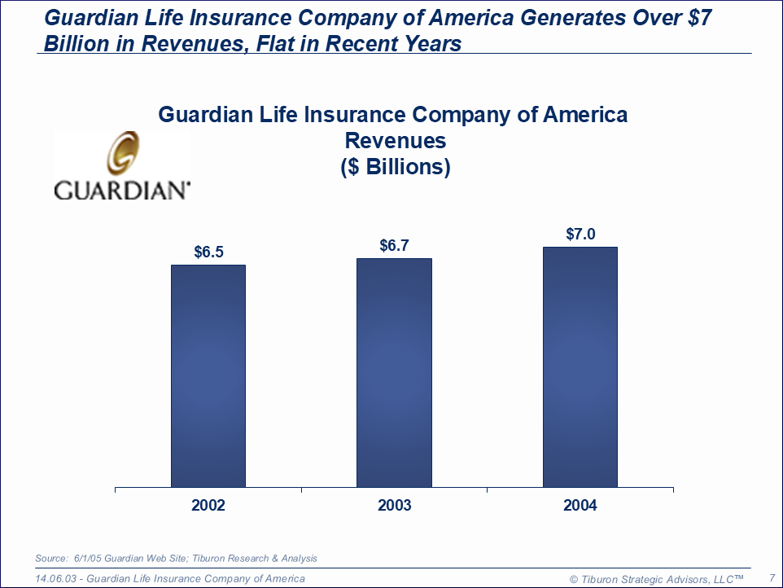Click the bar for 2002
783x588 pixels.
point(208,375)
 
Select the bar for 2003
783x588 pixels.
point(394,373)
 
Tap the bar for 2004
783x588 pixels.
point(580,366)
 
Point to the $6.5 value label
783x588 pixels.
point(208,252)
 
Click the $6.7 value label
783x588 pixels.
point(394,245)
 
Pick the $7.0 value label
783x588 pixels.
point(580,235)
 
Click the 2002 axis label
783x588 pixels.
point(208,506)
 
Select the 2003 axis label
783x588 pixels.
point(394,506)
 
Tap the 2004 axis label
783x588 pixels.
point(580,506)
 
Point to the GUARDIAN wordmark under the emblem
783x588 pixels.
point(122,191)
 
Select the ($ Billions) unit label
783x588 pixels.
point(395,167)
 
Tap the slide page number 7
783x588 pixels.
point(771,578)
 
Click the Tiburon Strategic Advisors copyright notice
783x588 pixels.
point(657,579)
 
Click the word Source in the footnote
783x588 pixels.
point(50,559)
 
